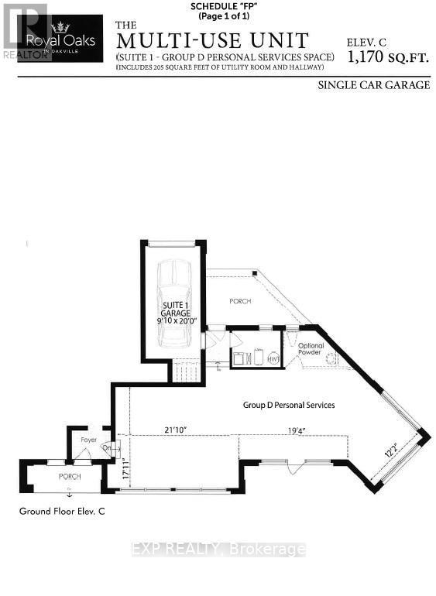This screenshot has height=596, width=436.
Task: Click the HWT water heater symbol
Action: coord(273,358)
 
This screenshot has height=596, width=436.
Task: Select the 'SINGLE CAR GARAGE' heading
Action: coord(373,85)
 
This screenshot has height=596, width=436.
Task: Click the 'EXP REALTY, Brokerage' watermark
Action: coord(218,550)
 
